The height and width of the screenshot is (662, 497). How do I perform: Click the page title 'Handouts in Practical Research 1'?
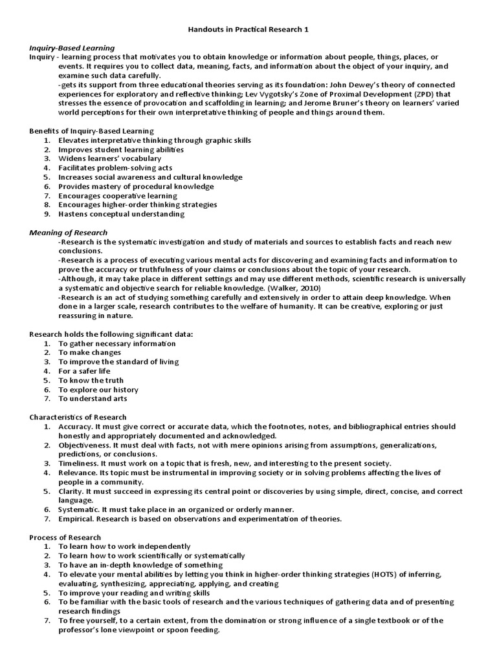[x=248, y=30]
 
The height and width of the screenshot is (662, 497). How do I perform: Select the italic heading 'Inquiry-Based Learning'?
[x=72, y=48]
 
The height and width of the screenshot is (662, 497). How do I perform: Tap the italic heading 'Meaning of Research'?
[x=69, y=232]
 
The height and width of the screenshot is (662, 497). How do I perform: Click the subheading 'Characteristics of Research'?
[x=78, y=417]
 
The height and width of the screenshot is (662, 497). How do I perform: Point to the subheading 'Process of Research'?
[x=65, y=537]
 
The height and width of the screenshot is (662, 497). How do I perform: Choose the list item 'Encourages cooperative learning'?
[x=117, y=195]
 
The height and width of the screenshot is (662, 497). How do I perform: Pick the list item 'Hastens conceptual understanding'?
[x=121, y=214]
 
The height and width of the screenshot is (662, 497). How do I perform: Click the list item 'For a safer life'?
[x=84, y=371]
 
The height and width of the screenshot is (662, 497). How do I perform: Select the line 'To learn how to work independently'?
[x=124, y=546]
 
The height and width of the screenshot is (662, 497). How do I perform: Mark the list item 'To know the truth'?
[x=91, y=380]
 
